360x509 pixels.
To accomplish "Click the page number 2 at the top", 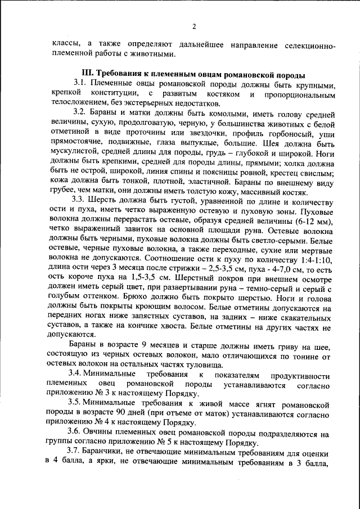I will [x=193, y=26].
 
